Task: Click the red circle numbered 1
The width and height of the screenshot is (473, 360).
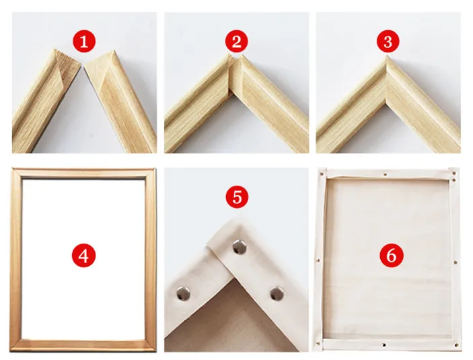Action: pos(84,41)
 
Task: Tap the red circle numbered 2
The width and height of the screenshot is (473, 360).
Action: pos(237,41)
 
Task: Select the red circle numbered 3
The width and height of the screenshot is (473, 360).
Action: pos(388,41)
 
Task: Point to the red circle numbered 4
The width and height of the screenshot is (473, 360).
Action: pos(83,256)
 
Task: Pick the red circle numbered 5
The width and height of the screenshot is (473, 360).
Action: pos(237,197)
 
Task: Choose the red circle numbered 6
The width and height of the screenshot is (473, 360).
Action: pos(391,256)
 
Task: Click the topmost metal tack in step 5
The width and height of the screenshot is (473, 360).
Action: pos(240,247)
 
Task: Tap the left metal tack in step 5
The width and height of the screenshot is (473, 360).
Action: pos(183,293)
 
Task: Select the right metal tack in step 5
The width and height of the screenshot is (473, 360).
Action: pos(277,293)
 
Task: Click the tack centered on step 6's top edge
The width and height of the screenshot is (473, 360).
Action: pos(386,174)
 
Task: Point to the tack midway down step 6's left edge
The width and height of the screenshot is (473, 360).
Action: pos(318,260)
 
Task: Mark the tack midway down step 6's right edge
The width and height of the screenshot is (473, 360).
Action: pos(456,262)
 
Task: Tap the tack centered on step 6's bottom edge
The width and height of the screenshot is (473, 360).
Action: pos(384,345)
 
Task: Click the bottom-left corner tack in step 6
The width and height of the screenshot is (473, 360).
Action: pos(318,343)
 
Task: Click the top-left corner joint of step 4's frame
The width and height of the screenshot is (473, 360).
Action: pos(17,174)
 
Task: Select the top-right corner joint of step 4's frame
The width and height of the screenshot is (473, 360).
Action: pos(150,174)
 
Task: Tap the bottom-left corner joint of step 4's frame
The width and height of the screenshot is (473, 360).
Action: pos(16,345)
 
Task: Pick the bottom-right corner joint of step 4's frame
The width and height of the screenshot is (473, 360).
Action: pos(150,345)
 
